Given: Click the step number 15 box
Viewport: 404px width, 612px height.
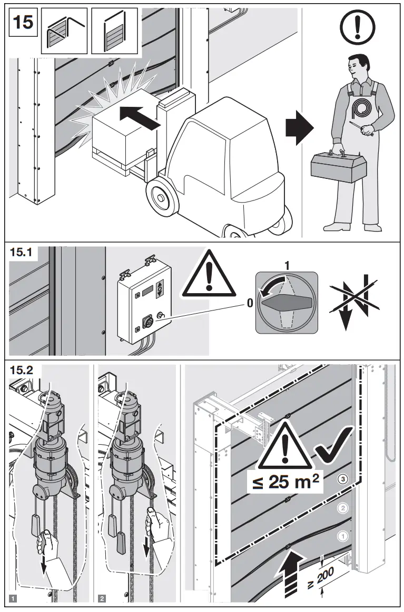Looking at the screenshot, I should click(x=23, y=23).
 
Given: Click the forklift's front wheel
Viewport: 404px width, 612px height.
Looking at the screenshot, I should click(x=160, y=197).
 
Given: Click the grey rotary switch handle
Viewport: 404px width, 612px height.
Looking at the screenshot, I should click(x=287, y=303).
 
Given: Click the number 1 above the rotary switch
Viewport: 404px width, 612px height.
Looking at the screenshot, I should click(x=287, y=266).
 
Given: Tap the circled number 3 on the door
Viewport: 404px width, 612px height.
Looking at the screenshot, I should click(x=343, y=479).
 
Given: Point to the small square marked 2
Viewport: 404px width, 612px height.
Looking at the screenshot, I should click(x=102, y=598).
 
